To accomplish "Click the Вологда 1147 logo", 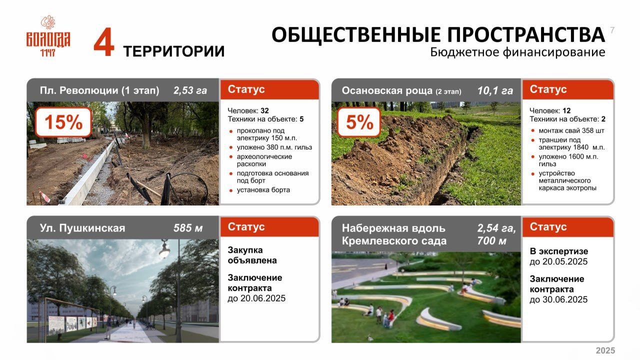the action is click(x=48, y=36).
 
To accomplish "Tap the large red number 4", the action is click(x=103, y=42).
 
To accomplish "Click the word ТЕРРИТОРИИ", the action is click(x=174, y=51).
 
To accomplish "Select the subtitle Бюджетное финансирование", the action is click(x=517, y=52).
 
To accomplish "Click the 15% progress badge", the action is click(x=63, y=122).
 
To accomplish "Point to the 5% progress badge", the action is click(x=359, y=122).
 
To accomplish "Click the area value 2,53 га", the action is click(x=190, y=90).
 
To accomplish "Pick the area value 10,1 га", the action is click(x=495, y=91).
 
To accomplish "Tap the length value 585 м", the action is click(x=188, y=228).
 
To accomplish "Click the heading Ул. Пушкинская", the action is click(x=82, y=228).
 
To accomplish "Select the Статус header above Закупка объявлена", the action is click(x=246, y=226).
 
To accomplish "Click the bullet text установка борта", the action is click(x=263, y=189).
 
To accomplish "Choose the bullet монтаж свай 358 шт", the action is click(x=571, y=130).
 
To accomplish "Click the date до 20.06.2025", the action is click(x=256, y=298).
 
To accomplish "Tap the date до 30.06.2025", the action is click(x=558, y=299).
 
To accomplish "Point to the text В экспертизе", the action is click(x=559, y=251).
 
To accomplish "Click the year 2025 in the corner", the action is click(x=605, y=350).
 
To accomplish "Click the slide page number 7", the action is click(x=612, y=30).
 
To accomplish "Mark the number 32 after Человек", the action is click(x=264, y=110).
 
